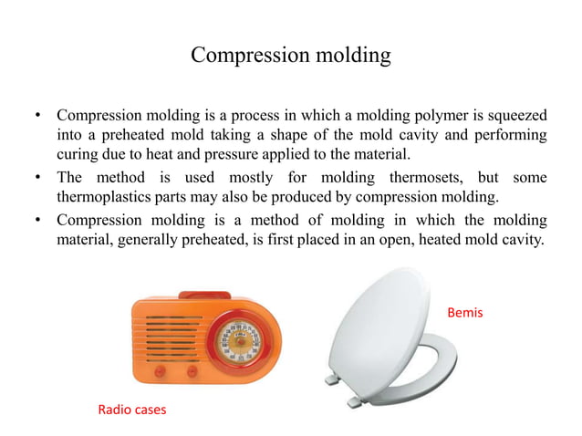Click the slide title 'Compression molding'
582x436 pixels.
coord(291,56)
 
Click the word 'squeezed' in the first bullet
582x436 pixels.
coord(515,117)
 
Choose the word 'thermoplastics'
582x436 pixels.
coord(103,196)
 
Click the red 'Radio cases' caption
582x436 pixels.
coord(131,410)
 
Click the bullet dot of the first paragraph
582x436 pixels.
coord(36,117)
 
